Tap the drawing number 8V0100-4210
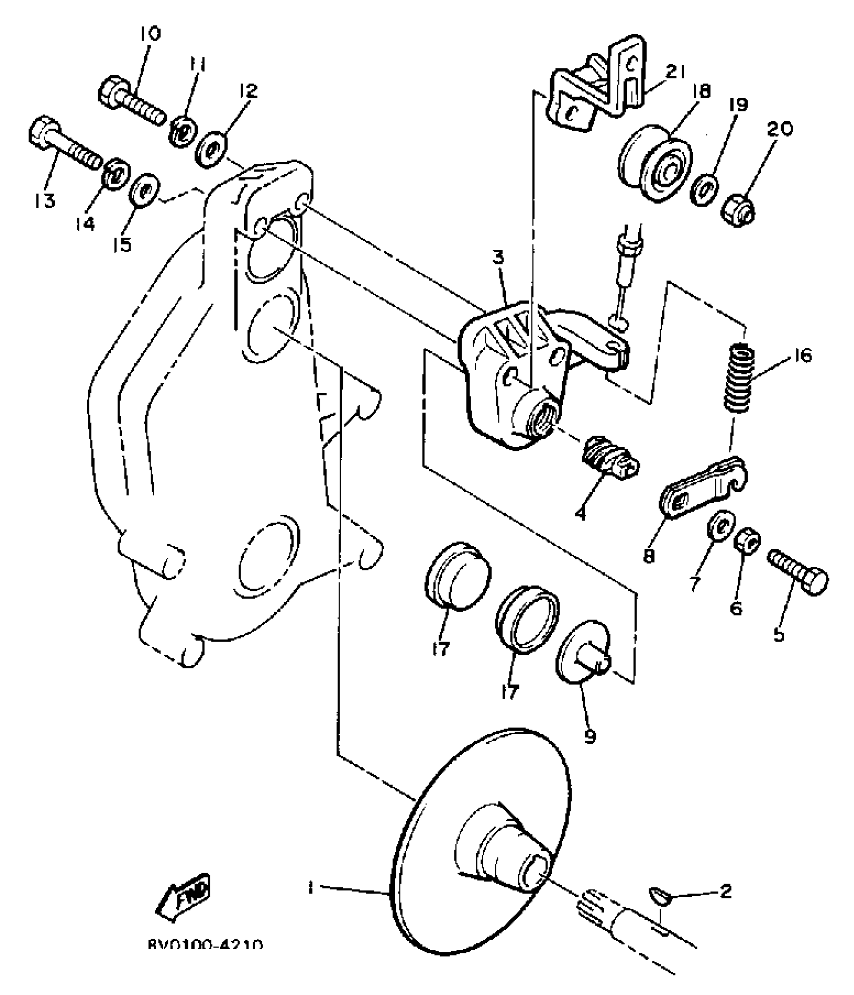(205, 945)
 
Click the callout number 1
(310, 888)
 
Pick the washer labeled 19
(706, 189)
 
